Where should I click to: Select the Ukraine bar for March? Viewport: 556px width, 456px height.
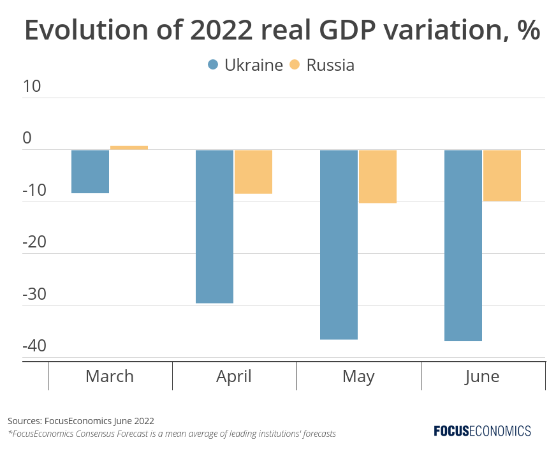click(90, 172)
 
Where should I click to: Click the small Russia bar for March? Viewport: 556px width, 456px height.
click(129, 147)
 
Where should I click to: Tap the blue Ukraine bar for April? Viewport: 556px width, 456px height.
click(214, 226)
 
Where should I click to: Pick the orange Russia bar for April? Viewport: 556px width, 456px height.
click(253, 172)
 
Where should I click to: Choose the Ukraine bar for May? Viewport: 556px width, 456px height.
click(339, 244)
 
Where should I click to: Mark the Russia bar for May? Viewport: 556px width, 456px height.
click(377, 177)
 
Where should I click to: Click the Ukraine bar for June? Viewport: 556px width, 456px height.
click(463, 246)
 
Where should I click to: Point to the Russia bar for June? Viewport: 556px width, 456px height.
click(502, 175)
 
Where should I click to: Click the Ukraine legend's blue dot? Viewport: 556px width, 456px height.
click(213, 65)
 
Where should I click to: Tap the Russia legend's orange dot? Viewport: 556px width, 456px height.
click(295, 65)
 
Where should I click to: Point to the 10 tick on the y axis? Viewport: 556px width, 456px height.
click(32, 86)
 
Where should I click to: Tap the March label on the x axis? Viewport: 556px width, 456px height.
click(110, 376)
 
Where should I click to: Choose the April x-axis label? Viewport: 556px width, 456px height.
click(234, 376)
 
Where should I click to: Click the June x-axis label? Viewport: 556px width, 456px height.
click(482, 376)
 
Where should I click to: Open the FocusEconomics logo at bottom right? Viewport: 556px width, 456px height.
click(482, 431)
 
